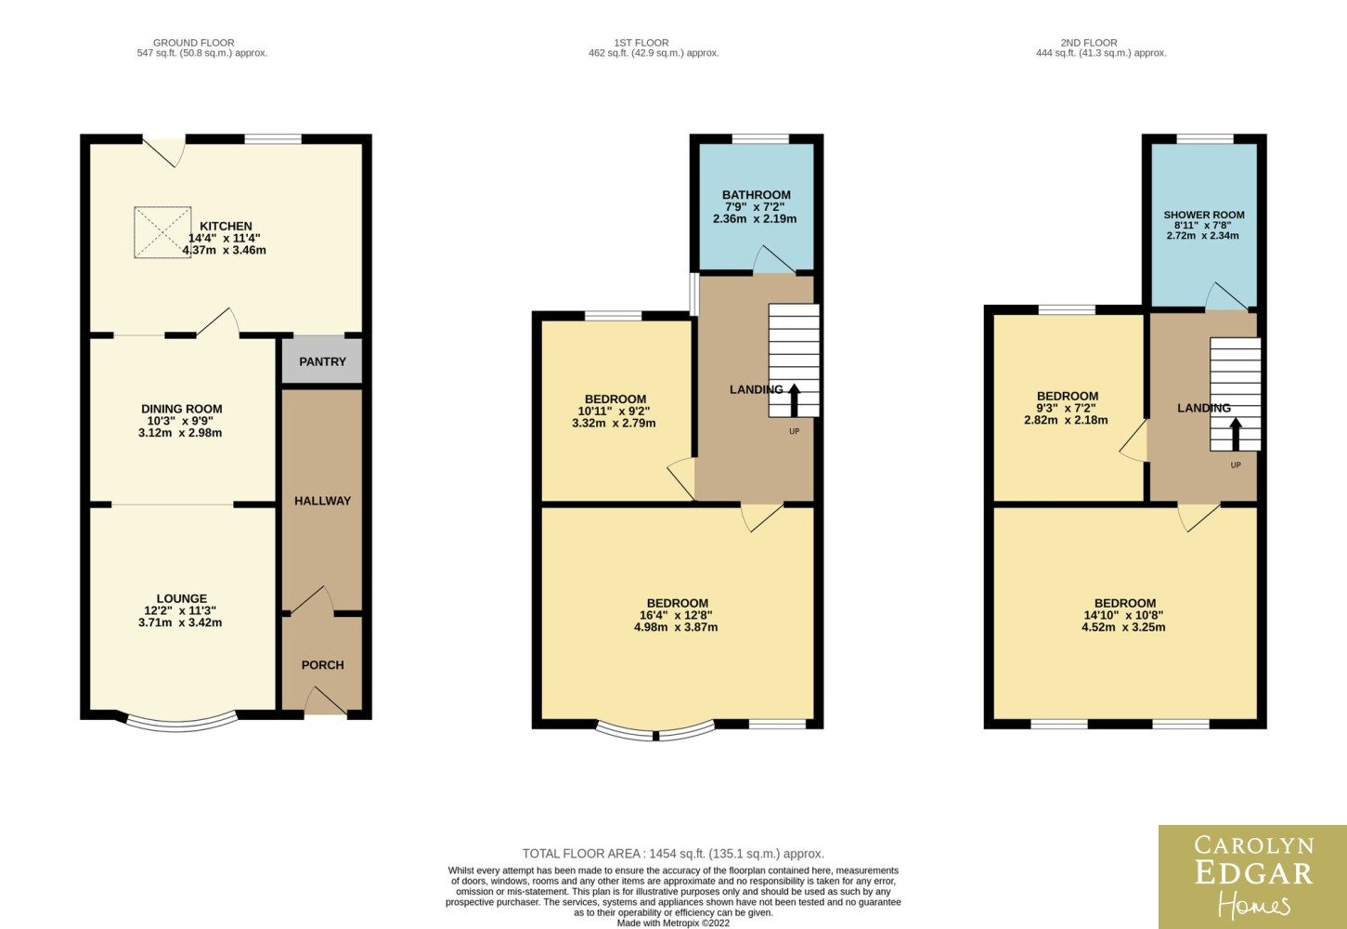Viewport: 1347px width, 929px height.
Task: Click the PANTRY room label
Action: tap(322, 361)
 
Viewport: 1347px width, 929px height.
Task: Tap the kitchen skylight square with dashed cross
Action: tap(162, 232)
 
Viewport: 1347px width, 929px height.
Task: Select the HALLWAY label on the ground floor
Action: tap(322, 501)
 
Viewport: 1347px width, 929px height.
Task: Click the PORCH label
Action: tap(322, 665)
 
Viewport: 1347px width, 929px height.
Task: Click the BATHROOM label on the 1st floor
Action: tap(756, 195)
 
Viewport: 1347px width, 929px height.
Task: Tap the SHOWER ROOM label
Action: tap(1204, 215)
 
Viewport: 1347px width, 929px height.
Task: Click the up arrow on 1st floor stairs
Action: tap(794, 400)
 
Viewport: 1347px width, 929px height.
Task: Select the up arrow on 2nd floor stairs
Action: tap(1236, 435)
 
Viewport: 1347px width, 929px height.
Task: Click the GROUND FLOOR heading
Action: tap(194, 43)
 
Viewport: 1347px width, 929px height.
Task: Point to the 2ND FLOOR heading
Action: tap(1089, 43)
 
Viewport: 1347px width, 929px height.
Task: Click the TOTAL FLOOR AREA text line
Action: tap(673, 854)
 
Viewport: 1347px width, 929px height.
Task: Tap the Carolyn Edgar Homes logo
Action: tap(1252, 877)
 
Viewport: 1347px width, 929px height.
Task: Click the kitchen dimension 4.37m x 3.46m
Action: tap(225, 250)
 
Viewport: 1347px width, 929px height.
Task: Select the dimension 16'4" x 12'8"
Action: tap(676, 615)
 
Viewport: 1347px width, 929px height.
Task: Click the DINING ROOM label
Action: tap(182, 409)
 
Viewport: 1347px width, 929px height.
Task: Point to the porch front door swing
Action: tap(325, 700)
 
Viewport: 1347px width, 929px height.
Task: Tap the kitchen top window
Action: tap(273, 139)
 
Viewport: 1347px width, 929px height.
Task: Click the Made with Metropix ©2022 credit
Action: tap(673, 923)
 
